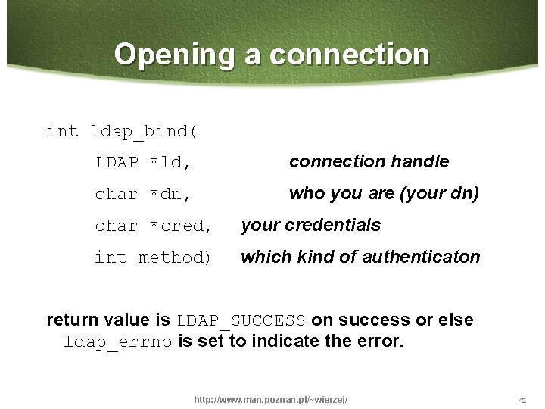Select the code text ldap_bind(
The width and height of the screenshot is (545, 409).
(145, 132)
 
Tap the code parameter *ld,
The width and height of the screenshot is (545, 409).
(170, 162)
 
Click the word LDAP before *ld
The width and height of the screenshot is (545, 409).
(117, 162)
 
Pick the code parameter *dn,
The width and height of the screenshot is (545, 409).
(170, 195)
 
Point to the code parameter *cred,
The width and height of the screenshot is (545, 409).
(182, 226)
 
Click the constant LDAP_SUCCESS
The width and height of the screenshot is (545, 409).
(241, 320)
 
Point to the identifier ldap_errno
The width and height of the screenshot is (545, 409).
(118, 342)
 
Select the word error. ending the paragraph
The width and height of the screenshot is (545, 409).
(379, 342)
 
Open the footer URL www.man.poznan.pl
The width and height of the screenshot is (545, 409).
(271, 399)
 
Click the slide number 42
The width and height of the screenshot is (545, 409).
(522, 400)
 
